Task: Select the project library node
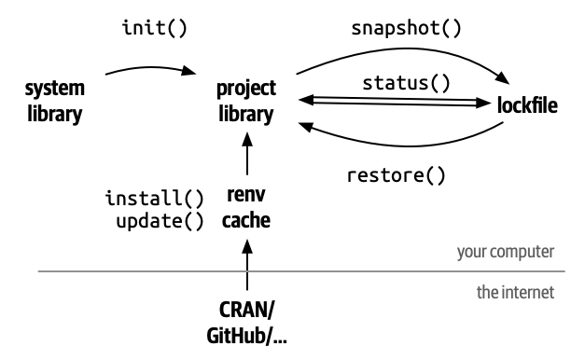[x=246, y=102]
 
